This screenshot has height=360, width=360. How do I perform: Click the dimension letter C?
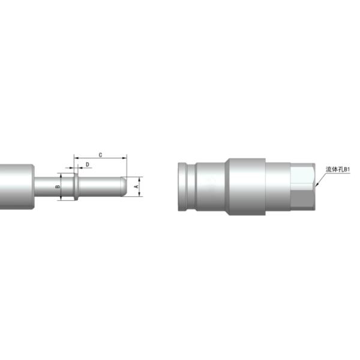pos(100,155)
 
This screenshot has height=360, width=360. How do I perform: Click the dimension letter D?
pos(88,164)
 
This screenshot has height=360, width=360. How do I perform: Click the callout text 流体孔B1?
pos(337,170)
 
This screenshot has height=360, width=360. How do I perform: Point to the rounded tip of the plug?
pos(123,186)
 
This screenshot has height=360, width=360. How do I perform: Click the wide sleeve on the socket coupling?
pos(245,187)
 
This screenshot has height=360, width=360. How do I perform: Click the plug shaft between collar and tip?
pos(99,187)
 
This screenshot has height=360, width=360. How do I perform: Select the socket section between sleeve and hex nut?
pos(277,187)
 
